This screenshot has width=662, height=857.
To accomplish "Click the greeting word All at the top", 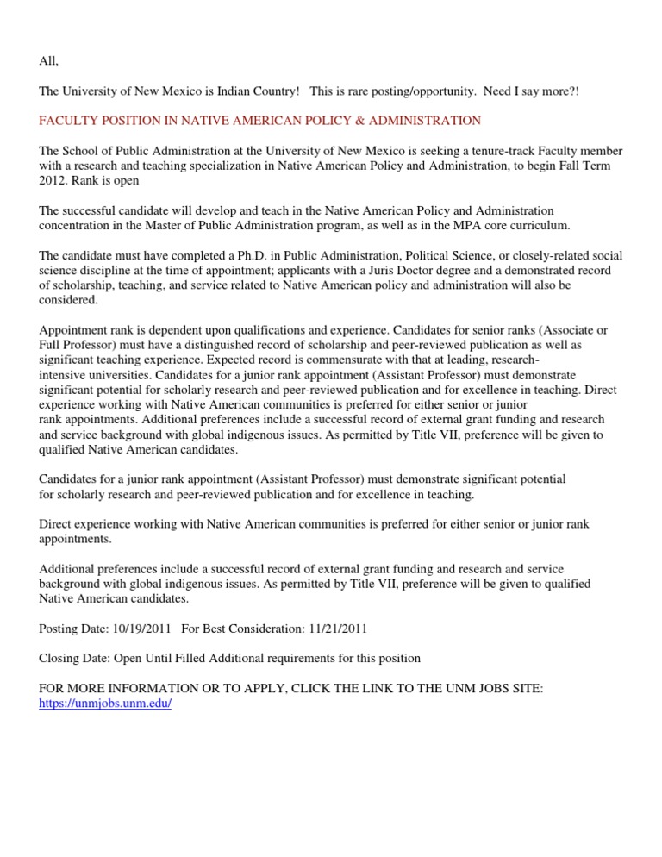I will [48, 61].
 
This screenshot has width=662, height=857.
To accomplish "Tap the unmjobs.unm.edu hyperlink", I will [106, 703].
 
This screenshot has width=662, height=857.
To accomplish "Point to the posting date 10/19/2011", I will [141, 629].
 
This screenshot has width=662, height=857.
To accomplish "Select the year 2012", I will [53, 180].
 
